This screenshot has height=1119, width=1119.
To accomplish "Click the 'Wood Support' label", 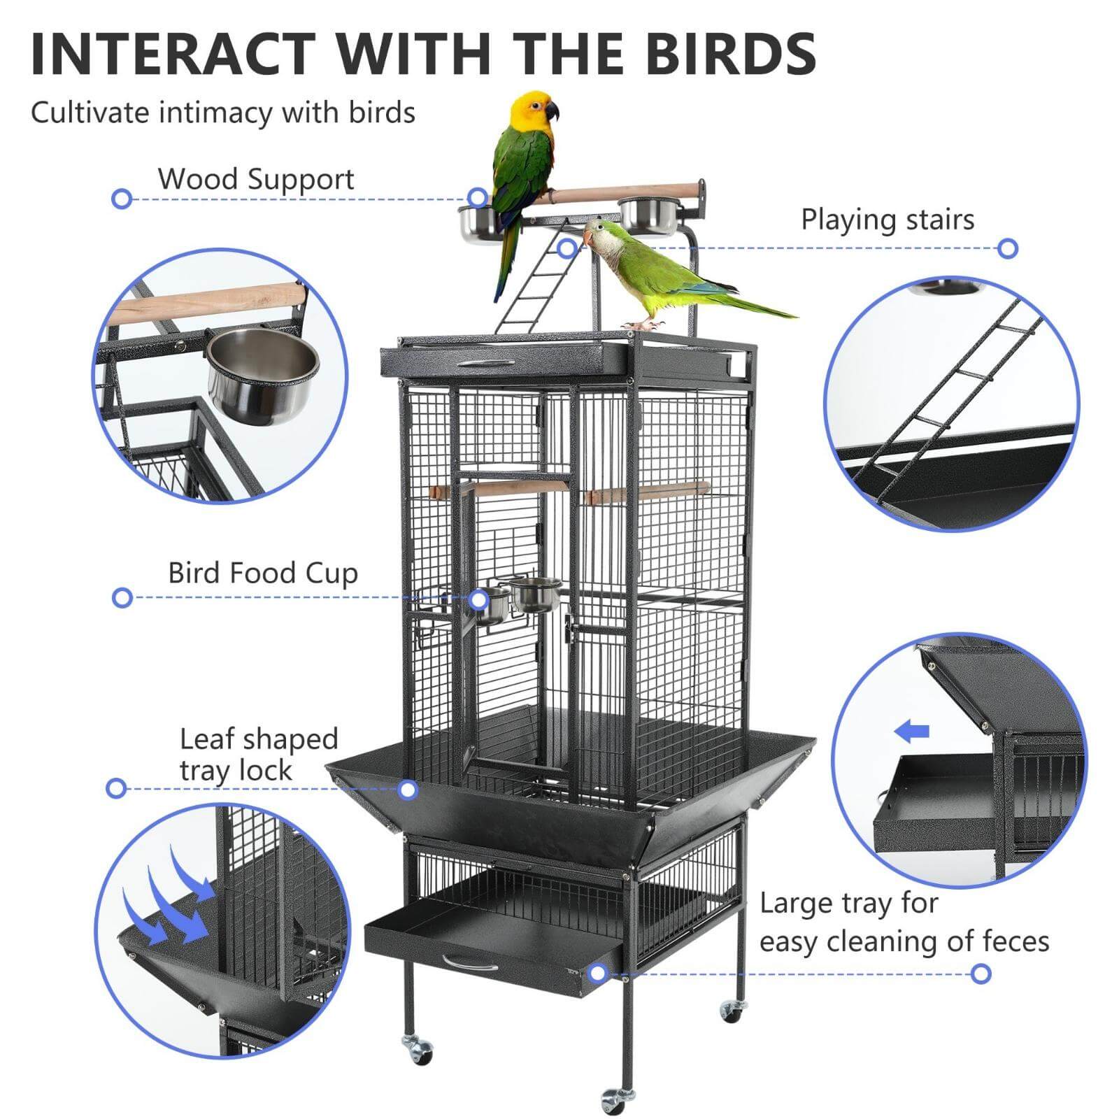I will click(256, 179).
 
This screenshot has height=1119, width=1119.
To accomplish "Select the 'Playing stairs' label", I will click(888, 220).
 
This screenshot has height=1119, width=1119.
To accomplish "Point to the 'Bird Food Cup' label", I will click(263, 573).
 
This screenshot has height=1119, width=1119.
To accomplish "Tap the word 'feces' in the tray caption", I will click(1015, 941).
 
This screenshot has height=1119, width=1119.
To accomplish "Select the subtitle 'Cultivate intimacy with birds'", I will click(223, 113).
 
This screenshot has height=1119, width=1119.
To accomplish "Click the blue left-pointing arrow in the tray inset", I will click(912, 732).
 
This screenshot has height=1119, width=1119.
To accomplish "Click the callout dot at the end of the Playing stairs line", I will click(1008, 248).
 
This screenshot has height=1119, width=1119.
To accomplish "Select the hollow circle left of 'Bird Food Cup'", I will click(122, 598).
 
